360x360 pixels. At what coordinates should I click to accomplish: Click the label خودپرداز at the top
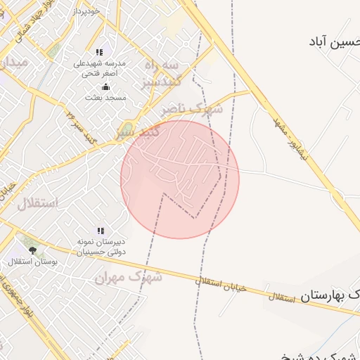(85, 11)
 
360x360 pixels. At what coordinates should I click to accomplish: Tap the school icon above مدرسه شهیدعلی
(99, 52)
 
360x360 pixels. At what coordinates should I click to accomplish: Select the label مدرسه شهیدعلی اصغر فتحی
(101, 67)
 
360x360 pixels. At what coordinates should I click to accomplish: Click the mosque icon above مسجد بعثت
(105, 86)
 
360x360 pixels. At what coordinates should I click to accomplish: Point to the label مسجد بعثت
(105, 97)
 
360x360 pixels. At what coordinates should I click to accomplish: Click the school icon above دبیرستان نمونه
(101, 231)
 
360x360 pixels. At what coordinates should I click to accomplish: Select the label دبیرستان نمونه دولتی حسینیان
(101, 246)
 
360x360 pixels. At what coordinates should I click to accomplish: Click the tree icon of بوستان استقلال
(32, 250)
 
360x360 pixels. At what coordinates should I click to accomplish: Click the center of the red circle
(180, 179)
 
